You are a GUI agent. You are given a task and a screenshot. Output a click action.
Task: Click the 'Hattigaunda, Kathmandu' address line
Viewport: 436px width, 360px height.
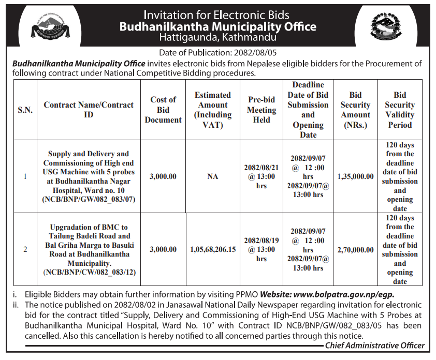tap(217, 37)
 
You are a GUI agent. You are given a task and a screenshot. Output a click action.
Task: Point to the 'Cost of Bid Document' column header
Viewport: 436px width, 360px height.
tap(163, 110)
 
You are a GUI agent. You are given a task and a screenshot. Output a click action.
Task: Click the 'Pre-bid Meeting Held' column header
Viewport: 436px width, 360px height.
tap(261, 110)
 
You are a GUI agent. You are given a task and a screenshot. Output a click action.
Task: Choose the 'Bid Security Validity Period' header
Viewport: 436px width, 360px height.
tap(400, 110)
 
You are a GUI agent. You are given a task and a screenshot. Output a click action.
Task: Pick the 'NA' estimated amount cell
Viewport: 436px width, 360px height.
tap(213, 176)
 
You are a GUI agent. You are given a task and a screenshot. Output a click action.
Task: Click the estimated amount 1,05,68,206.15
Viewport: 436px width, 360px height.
tap(213, 249)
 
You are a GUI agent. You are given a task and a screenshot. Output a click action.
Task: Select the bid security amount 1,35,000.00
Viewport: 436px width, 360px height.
tap(356, 176)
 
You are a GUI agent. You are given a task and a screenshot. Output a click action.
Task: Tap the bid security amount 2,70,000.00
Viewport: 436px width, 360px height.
tap(356, 250)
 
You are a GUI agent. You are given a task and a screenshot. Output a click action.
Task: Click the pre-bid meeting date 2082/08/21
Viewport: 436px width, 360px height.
tap(261, 167)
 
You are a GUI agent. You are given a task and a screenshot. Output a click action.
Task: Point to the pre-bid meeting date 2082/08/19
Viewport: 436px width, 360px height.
tap(261, 241)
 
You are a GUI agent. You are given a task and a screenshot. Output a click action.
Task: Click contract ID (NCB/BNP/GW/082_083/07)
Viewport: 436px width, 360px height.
tap(89, 199)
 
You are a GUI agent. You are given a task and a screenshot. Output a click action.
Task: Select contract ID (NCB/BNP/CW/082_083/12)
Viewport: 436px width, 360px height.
tap(89, 272)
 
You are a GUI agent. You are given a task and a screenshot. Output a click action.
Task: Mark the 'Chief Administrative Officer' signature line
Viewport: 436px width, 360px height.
tap(375, 345)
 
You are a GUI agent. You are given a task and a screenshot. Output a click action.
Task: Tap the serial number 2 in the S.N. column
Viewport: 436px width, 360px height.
tap(25, 250)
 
